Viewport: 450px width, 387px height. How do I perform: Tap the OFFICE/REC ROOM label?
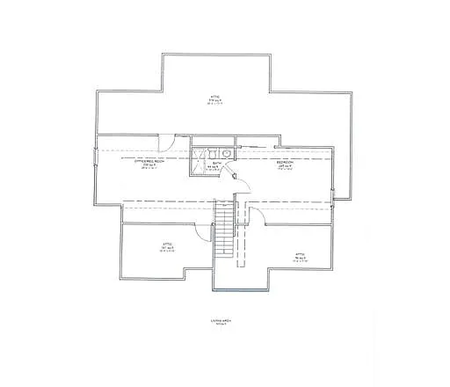click(149, 162)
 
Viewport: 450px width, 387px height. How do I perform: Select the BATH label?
click(216, 163)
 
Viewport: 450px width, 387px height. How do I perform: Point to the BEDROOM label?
click(285, 162)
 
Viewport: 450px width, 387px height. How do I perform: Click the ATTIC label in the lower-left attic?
click(165, 243)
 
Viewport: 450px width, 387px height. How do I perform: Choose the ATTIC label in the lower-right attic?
click(300, 253)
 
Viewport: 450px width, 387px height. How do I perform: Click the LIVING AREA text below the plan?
click(219, 320)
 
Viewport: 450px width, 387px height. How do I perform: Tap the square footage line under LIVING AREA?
click(219, 325)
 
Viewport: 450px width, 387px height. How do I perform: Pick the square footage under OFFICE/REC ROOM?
click(149, 166)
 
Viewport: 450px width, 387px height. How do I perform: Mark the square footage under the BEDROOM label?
click(285, 166)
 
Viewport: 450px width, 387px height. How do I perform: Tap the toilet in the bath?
click(214, 152)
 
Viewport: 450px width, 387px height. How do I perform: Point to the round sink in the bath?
click(227, 152)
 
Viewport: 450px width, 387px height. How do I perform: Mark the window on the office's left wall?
click(96, 157)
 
